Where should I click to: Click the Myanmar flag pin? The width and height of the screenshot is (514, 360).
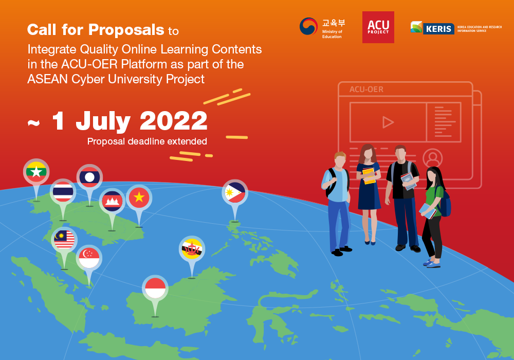point(36,172)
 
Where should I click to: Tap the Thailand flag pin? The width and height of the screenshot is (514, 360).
point(63,192)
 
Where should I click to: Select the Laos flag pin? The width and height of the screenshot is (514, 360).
point(89,177)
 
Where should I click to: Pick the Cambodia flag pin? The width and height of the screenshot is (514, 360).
point(112,201)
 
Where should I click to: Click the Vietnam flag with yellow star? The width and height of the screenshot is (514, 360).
point(139,197)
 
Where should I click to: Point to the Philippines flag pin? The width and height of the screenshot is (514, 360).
point(235,192)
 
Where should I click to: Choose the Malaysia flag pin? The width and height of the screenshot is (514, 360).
point(64,240)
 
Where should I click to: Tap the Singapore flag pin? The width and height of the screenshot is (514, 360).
point(89,258)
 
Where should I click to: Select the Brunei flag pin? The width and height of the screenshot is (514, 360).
point(192,249)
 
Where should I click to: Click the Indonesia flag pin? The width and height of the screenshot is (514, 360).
point(155,288)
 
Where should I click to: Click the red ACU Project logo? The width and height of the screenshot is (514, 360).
point(378,27)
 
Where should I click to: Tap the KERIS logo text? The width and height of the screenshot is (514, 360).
point(438,29)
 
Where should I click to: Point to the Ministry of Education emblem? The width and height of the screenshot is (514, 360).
point(308,27)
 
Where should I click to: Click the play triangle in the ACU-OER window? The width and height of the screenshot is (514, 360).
point(388,122)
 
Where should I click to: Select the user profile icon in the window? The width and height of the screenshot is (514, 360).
point(433,158)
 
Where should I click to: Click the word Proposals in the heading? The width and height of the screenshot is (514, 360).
point(126,30)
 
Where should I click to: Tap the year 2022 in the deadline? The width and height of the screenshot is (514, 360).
point(174,121)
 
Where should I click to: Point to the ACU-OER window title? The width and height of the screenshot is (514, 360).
point(366,89)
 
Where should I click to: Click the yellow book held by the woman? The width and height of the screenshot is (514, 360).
point(369,176)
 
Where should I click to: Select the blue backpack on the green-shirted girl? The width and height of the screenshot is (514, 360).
point(445,203)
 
